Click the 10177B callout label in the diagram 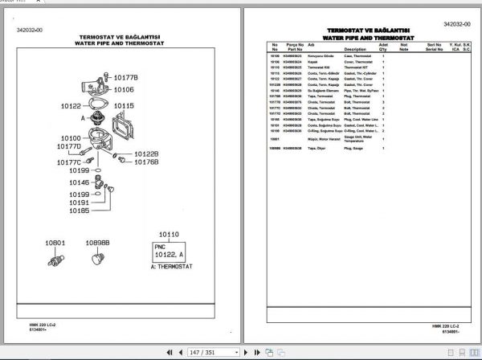point(126,77)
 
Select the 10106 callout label point(124,90)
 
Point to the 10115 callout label point(124,106)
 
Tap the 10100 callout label point(71,138)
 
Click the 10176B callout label point(145,162)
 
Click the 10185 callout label point(78,211)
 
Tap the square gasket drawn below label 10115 point(130,129)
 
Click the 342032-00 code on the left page point(30,30)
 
